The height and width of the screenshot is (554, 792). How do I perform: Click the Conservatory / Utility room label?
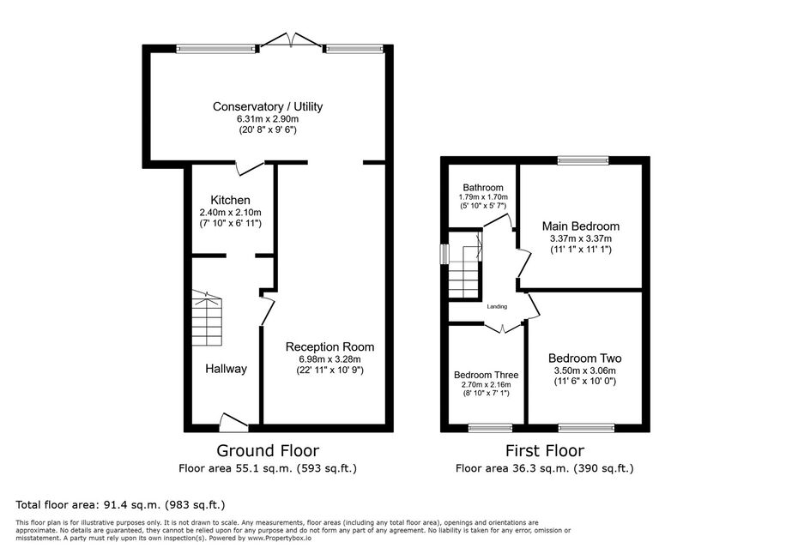coord(267,106)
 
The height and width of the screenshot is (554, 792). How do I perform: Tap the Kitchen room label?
coord(230,200)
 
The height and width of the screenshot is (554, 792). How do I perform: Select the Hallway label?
coord(226,369)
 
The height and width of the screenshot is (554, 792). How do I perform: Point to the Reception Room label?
coord(329,347)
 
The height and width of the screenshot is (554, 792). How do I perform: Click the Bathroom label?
coord(483,187)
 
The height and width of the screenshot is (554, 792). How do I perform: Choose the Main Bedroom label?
coord(581,226)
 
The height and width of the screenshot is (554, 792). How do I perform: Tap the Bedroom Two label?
coord(585,358)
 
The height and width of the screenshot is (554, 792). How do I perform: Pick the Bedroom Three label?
coord(486,375)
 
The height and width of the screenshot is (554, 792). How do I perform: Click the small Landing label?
coord(497,306)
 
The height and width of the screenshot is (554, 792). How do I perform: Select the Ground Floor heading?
coord(268,450)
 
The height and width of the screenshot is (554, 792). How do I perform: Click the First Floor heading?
coord(545,450)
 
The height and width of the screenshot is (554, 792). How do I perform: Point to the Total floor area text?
coord(120,504)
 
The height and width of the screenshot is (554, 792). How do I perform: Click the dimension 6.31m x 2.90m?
coord(268,119)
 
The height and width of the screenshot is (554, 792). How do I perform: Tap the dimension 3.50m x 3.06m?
coord(585,370)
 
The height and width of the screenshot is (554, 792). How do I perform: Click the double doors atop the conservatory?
coord(291,41)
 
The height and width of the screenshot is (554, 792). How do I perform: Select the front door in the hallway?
coord(234,423)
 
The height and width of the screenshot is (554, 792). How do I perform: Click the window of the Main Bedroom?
coord(583,160)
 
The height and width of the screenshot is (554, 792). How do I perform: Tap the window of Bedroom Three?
coord(491,428)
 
